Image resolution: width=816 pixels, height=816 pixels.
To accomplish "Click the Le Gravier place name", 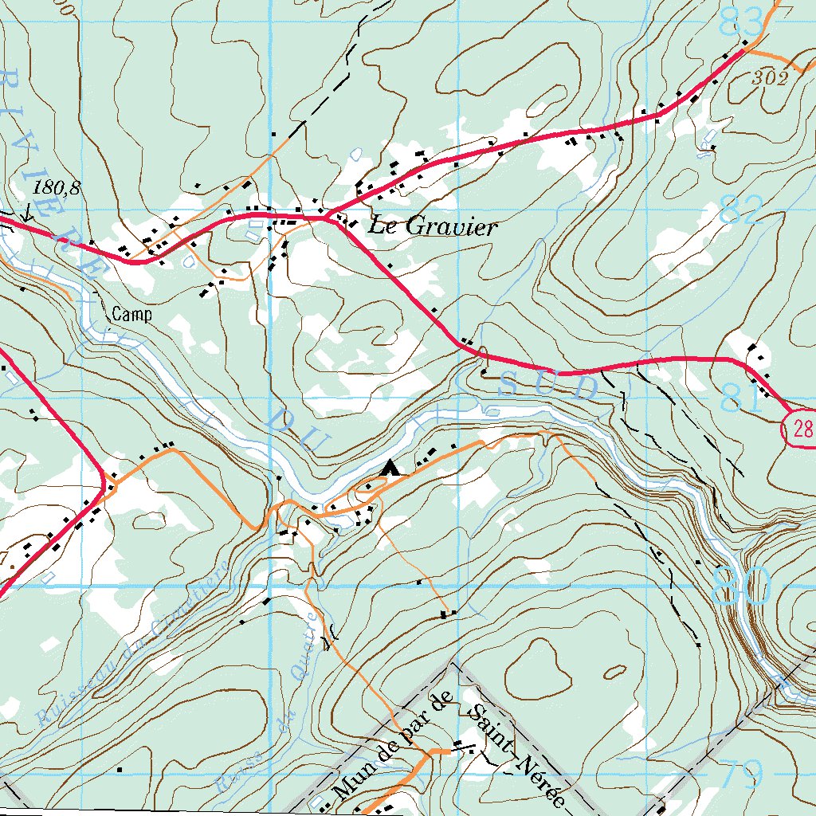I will pyautogui.click(x=432, y=227).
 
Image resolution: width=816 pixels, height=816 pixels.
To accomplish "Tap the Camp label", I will pyautogui.click(x=131, y=314).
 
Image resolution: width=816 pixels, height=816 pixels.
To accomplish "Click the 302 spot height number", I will pyautogui.click(x=770, y=78).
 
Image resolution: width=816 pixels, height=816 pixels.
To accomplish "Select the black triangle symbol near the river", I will pyautogui.click(x=390, y=468).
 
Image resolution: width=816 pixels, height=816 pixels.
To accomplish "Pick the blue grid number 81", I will pyautogui.click(x=740, y=398).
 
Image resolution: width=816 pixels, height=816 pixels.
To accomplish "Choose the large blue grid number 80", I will pyautogui.click(x=742, y=586).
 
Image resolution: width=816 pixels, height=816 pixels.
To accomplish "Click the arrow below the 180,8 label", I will pyautogui.click(x=28, y=213).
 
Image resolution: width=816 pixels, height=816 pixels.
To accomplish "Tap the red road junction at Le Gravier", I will pyautogui.click(x=328, y=216).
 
